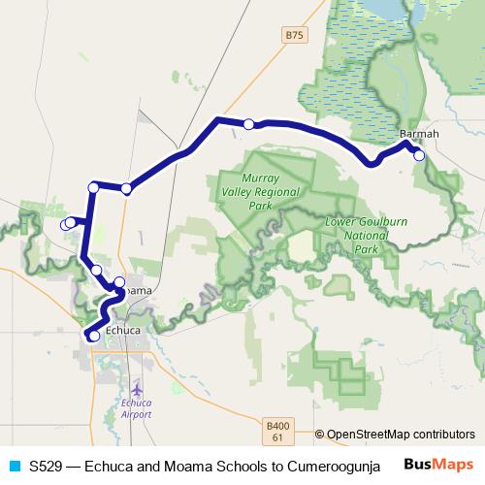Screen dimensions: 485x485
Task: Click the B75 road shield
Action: tap(294, 35)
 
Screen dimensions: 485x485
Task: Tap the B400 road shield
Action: tap(277, 425)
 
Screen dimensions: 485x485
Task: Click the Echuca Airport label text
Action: tap(137, 407)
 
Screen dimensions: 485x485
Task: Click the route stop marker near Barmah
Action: tap(419, 155)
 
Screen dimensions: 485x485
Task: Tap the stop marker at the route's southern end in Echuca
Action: tap(94, 336)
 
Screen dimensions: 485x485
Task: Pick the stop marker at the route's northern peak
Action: tap(249, 123)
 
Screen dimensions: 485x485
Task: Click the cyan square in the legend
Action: tap(14, 465)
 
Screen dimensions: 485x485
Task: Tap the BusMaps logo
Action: tap(438, 464)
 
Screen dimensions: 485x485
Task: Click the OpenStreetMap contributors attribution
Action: tap(400, 435)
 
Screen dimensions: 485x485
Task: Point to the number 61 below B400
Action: tap(276, 438)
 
